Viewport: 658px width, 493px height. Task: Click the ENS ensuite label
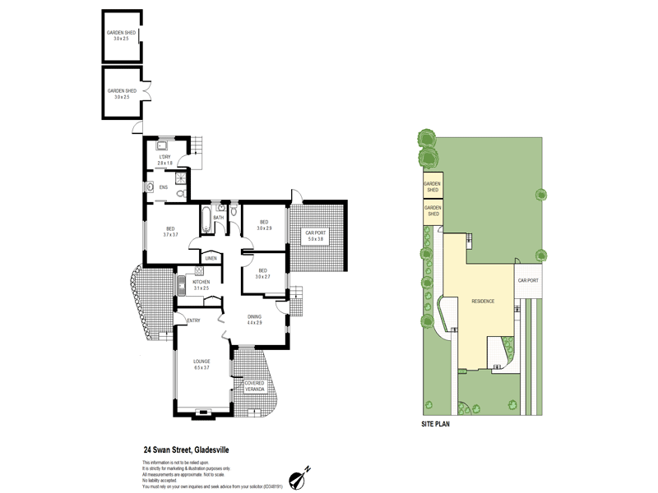point(164,187)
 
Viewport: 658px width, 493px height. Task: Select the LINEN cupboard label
point(211,259)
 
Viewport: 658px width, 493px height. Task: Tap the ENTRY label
point(194,320)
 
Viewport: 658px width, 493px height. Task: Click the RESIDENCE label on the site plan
point(483,302)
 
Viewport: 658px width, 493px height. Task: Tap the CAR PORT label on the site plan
point(527,280)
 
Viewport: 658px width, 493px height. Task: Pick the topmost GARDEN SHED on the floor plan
point(120,35)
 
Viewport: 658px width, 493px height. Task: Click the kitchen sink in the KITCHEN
point(180,285)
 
